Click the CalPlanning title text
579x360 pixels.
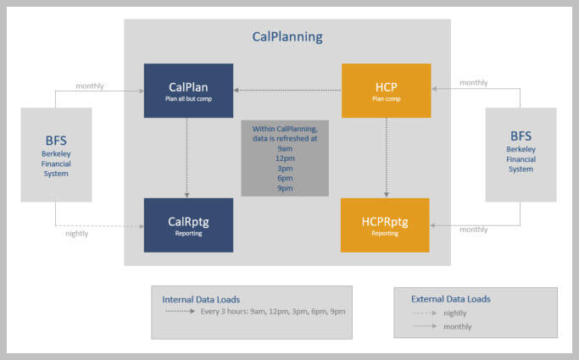tap(287, 37)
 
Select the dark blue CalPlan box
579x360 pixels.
tap(187, 90)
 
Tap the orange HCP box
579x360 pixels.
tap(385, 90)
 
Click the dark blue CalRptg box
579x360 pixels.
tap(187, 224)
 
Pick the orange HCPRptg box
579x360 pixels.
tap(385, 224)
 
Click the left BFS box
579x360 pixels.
tap(56, 154)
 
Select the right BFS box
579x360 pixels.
tap(521, 154)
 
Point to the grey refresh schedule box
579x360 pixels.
tap(284, 158)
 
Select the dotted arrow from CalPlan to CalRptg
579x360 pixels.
tap(187, 157)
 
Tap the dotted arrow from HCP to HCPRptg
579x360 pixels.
tap(386, 157)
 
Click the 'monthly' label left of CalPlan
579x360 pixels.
tap(90, 86)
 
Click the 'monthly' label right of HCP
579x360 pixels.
tap(473, 82)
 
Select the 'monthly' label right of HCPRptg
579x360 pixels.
tap(473, 229)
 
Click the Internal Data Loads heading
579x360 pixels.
tap(200, 299)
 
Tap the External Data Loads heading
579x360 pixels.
tap(450, 299)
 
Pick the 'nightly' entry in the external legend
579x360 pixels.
tap(455, 313)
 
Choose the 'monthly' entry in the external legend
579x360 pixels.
tap(457, 326)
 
